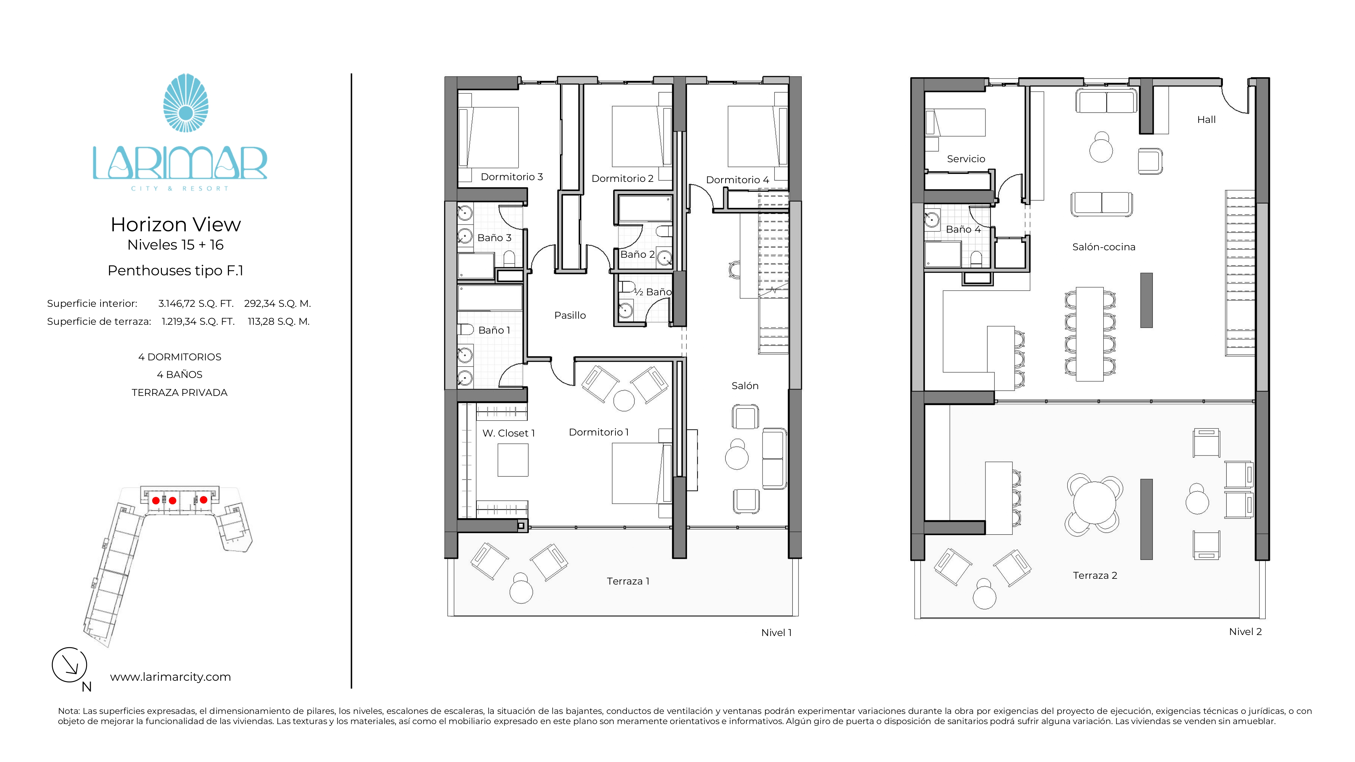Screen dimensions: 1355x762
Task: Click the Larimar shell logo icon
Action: pos(186,103)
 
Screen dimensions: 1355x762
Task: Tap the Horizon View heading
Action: pos(176,225)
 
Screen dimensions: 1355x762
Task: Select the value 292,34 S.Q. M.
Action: pos(277,303)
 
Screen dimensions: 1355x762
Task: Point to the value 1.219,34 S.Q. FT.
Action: pos(198,321)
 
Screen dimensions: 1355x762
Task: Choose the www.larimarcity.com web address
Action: pos(170,677)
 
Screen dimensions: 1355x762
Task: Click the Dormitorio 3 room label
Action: pos(512,177)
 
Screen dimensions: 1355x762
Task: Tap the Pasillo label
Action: pos(570,315)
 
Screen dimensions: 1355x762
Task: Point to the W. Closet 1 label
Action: pos(509,433)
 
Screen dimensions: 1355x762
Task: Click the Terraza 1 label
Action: pos(628,581)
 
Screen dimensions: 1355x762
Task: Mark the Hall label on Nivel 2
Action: pos(1206,119)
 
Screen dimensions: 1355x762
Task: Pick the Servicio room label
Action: pos(966,159)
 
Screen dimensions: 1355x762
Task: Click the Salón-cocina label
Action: pos(1104,247)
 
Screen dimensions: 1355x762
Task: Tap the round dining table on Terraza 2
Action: pos(1094,502)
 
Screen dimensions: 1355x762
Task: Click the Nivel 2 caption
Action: pos(1245,632)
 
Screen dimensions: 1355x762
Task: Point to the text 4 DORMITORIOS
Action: pos(180,357)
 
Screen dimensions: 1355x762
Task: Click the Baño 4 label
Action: pos(963,229)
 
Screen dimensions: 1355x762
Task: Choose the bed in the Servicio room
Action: pos(955,123)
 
